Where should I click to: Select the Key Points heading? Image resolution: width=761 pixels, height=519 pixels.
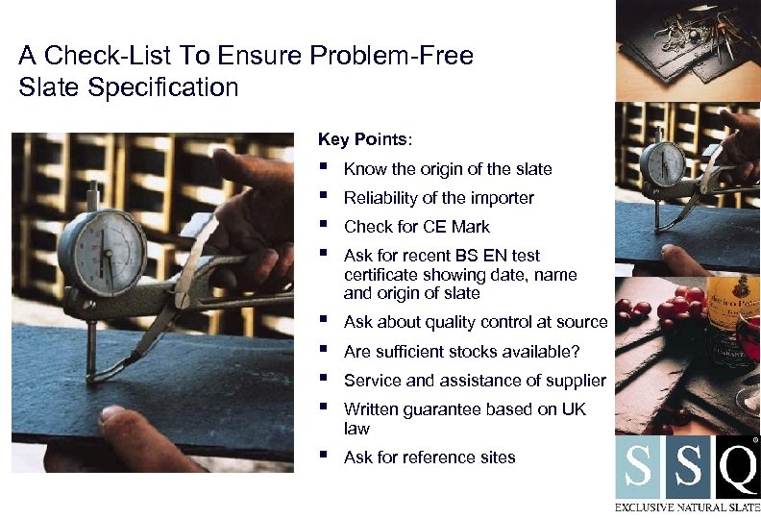(x=364, y=139)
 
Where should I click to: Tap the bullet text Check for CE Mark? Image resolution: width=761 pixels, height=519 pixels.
(x=416, y=227)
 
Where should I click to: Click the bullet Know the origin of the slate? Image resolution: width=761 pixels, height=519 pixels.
(x=448, y=169)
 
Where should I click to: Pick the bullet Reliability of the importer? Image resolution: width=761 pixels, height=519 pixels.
(x=438, y=198)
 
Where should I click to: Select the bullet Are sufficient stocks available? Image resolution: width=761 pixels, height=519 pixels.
(x=461, y=352)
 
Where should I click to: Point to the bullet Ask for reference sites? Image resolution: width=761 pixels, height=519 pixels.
(x=430, y=457)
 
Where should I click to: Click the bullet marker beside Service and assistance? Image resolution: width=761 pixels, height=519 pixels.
(x=326, y=379)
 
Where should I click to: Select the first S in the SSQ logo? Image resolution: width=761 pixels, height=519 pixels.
(x=638, y=468)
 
